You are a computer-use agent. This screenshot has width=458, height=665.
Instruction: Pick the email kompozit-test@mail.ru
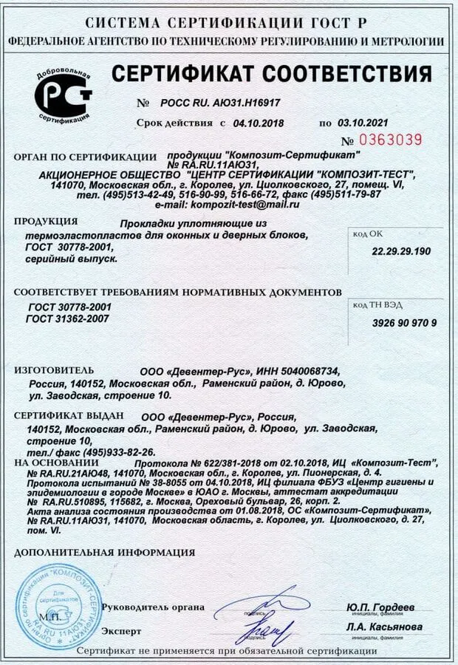click(239, 204)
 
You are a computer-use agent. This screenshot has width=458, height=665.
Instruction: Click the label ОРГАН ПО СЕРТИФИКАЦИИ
click(86, 157)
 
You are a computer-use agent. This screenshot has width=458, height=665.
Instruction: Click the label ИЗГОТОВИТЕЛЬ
click(54, 369)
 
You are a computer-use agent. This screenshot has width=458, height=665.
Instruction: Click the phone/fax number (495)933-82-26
click(110, 451)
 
